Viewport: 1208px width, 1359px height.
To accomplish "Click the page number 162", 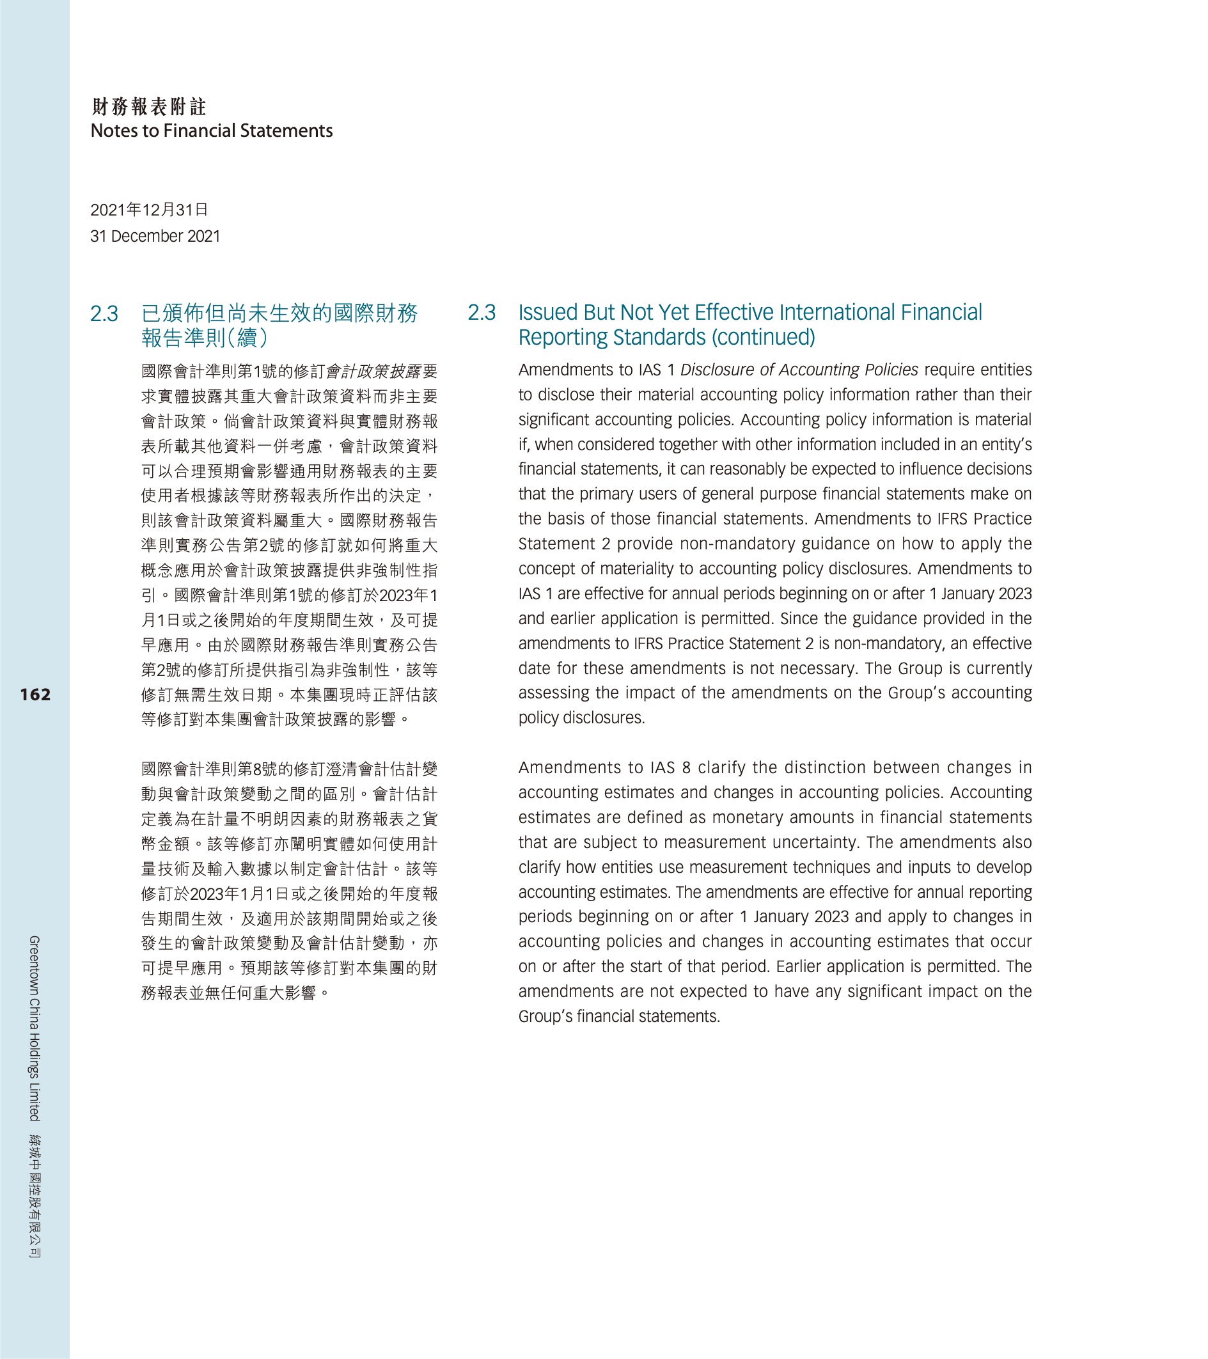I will [35, 695].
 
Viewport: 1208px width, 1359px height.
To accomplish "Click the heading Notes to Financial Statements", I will [212, 131].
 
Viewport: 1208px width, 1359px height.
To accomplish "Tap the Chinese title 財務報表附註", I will [149, 106].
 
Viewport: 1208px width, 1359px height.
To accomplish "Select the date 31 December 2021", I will [155, 236].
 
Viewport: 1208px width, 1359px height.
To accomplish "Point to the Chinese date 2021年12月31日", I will [150, 210].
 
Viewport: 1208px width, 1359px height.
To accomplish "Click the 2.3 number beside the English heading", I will [482, 313].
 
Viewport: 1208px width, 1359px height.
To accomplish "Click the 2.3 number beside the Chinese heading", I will [104, 314].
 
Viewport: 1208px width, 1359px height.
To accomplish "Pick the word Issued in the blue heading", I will [548, 313].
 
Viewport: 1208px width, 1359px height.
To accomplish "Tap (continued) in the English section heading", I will [763, 338].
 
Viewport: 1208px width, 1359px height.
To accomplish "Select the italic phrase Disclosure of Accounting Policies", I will [799, 370].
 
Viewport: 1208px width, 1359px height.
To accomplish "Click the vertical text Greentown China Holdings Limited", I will [35, 1028].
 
